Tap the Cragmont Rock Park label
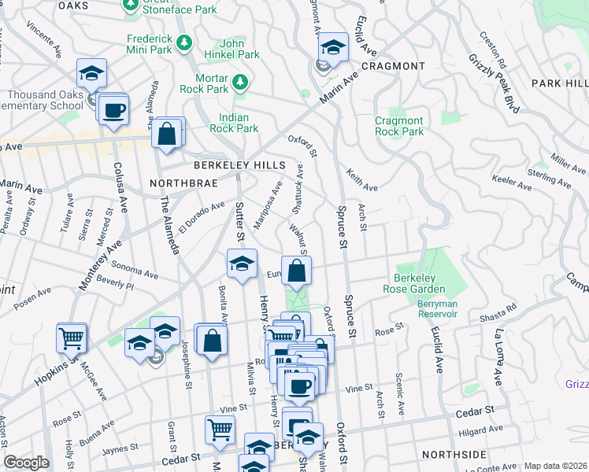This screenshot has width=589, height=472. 398,126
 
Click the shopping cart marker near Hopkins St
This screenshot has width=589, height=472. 72,338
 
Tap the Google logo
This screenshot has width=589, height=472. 26,463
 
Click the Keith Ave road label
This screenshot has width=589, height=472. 362,183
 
